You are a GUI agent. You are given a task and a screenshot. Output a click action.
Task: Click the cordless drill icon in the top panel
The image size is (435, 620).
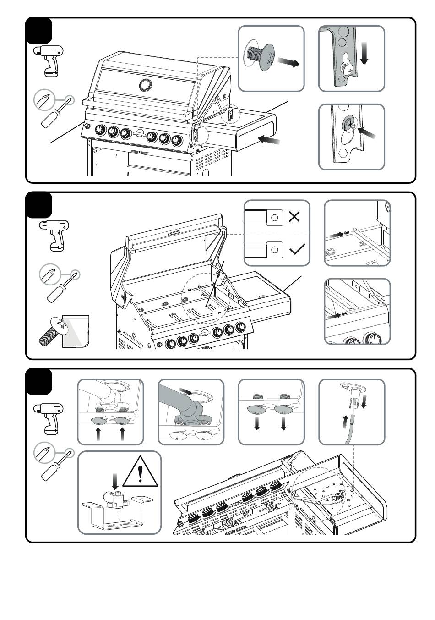[48, 60]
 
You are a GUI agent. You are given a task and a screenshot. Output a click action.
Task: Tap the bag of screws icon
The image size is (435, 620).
[64, 330]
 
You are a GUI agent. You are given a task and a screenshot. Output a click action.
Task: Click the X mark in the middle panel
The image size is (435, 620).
[294, 217]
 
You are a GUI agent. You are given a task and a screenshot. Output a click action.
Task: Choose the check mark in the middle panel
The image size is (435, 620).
[297, 249]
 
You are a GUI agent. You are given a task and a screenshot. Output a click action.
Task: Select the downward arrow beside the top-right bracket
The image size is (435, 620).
[365, 53]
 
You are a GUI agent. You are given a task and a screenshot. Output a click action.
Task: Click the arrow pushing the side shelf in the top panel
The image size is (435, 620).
[269, 139]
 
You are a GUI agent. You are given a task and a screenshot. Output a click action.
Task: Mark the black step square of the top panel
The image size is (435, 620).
[39, 31]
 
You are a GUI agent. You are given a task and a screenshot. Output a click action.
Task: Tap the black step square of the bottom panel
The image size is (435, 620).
[39, 381]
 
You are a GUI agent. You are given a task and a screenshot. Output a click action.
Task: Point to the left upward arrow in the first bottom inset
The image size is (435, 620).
[98, 433]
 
